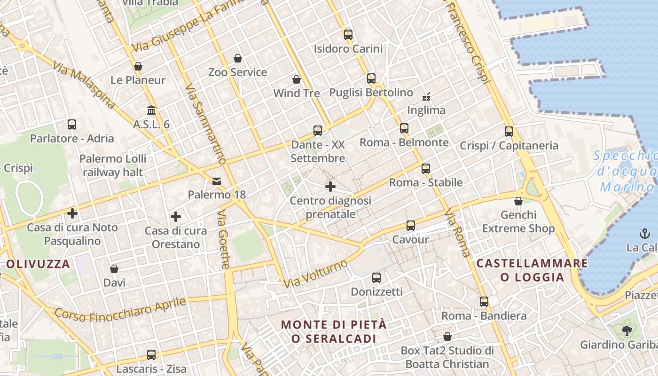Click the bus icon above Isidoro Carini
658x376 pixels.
(x=348, y=34)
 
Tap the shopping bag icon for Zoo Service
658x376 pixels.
(x=238, y=58)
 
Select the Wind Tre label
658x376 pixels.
(x=297, y=93)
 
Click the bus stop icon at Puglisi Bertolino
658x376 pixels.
(x=371, y=78)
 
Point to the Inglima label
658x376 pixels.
(x=426, y=110)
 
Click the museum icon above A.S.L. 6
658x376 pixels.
(x=151, y=110)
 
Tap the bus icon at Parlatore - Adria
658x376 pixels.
(x=72, y=125)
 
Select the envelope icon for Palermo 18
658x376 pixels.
(x=217, y=181)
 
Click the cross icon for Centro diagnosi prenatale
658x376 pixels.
(x=330, y=187)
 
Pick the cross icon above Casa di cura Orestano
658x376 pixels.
(x=176, y=217)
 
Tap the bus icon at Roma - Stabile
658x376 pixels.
(x=426, y=168)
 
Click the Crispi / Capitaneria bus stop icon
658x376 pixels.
(x=509, y=132)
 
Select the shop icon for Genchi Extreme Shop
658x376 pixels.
(x=518, y=201)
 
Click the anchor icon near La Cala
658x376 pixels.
(x=644, y=233)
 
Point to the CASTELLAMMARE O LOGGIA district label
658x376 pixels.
(x=532, y=270)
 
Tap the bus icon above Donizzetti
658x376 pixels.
(x=376, y=278)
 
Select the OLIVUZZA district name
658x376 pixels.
(x=39, y=264)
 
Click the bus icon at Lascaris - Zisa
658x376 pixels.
(x=151, y=355)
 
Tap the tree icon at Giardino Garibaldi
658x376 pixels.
(x=627, y=331)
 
